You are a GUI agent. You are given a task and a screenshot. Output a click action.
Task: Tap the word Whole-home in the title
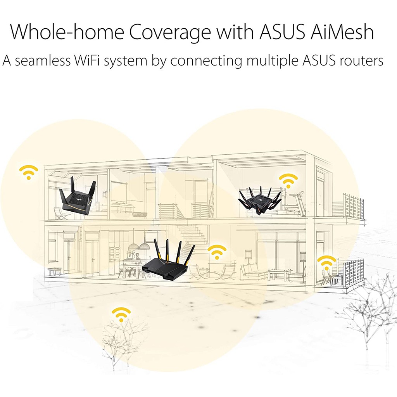coord(67,32)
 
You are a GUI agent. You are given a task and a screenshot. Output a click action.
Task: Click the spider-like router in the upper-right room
coord(260,200)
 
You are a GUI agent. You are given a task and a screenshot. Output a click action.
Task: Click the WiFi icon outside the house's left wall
coord(29,172)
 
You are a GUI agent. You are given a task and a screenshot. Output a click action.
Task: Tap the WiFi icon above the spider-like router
coord(288,181)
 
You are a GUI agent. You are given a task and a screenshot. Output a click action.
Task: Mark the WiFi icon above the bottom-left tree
coord(121,314)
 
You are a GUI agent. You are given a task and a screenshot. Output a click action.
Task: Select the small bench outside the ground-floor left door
coord(55,271)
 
